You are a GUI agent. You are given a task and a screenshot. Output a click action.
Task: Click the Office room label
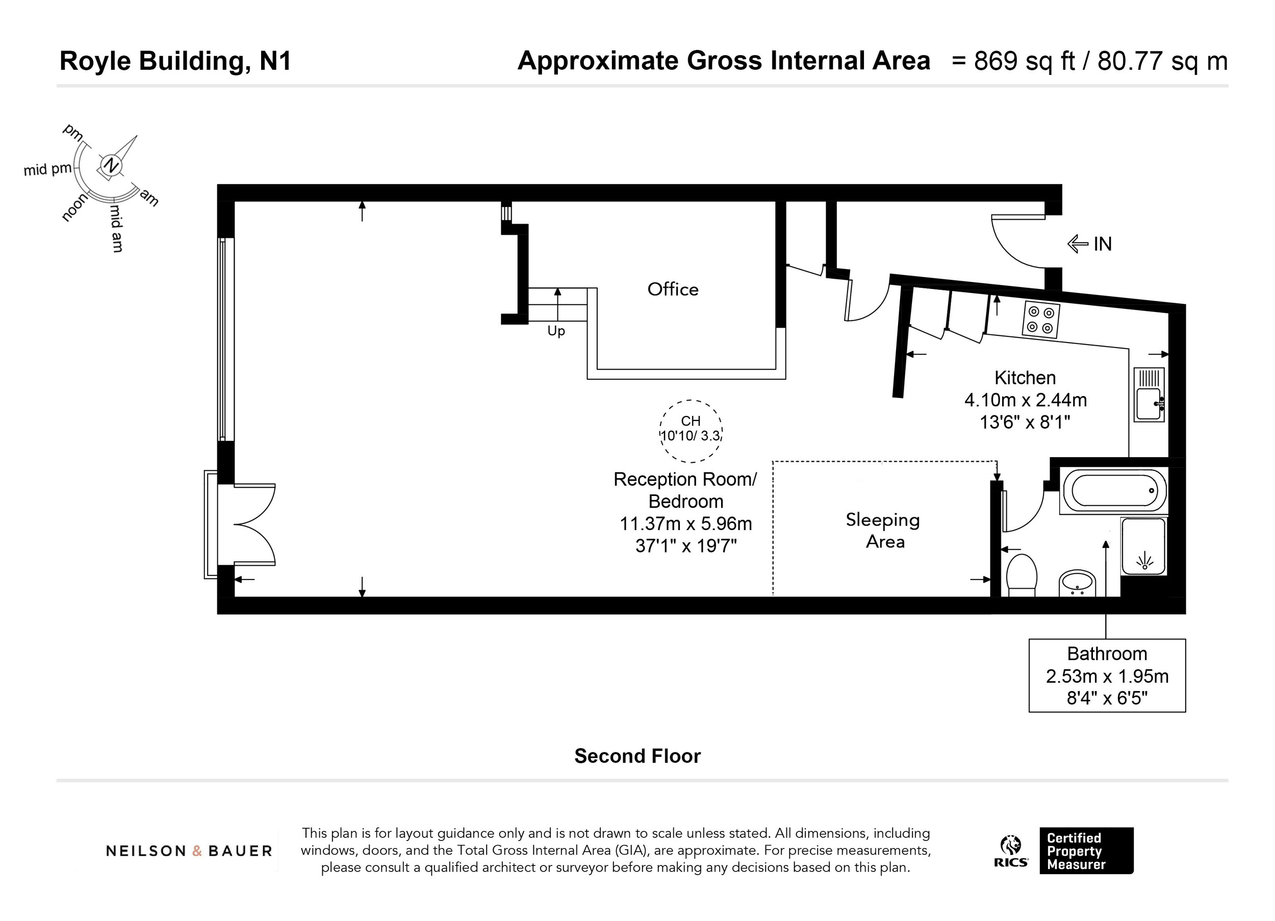pyautogui.click(x=673, y=290)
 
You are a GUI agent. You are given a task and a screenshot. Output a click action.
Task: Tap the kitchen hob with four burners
pyautogui.click(x=1040, y=320)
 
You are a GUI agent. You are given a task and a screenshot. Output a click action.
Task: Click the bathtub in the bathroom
pyautogui.click(x=1113, y=490)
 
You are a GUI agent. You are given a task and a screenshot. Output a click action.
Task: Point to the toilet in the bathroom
pyautogui.click(x=1022, y=574)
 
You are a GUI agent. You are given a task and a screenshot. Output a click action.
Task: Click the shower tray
pyautogui.click(x=1143, y=547)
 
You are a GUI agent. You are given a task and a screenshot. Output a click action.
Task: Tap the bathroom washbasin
pyautogui.click(x=1077, y=583)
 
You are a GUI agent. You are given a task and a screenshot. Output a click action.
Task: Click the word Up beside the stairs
pyautogui.click(x=556, y=331)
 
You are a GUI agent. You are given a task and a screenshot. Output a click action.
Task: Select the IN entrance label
pyautogui.click(x=1103, y=244)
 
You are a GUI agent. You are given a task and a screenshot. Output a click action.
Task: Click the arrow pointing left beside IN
pyautogui.click(x=1078, y=244)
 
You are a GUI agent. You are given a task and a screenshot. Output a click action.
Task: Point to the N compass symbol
pyautogui.click(x=112, y=165)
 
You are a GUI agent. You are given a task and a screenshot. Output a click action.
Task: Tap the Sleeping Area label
pyautogui.click(x=883, y=531)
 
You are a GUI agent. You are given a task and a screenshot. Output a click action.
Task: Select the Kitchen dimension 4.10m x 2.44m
pyautogui.click(x=1026, y=400)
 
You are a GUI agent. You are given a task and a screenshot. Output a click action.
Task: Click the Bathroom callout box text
pyautogui.click(x=1107, y=675)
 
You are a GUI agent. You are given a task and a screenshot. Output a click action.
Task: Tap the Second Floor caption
pyautogui.click(x=637, y=756)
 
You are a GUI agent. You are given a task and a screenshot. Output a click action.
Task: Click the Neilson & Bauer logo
pyautogui.click(x=189, y=851)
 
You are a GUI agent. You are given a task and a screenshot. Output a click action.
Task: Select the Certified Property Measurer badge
pyautogui.click(x=1086, y=851)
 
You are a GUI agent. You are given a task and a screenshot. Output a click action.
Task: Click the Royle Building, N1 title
pyautogui.click(x=175, y=61)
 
